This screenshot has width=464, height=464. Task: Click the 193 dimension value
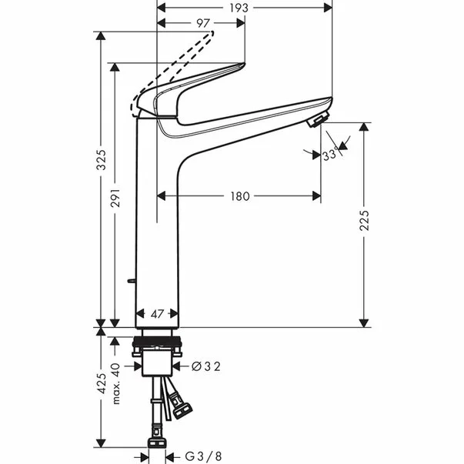point(239,8)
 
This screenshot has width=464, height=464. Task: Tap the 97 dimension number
point(203,23)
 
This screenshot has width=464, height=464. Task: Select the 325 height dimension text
point(102,160)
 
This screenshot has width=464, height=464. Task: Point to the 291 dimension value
point(115,198)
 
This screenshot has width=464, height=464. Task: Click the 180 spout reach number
point(240,196)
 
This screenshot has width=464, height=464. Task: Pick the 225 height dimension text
point(364,221)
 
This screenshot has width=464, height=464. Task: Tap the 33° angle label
point(330,155)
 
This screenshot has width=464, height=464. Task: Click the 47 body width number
point(157,314)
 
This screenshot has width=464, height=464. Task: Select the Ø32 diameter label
point(206,366)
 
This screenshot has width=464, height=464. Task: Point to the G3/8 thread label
point(203,456)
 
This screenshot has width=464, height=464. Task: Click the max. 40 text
point(116,383)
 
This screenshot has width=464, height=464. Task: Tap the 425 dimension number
point(102,383)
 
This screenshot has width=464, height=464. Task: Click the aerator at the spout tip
point(319,119)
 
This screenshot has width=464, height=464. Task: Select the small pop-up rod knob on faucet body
point(131,281)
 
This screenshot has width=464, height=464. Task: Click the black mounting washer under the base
point(157,342)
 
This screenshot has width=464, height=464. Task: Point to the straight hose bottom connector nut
point(156,442)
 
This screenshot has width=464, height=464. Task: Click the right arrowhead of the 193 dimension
point(328,8)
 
